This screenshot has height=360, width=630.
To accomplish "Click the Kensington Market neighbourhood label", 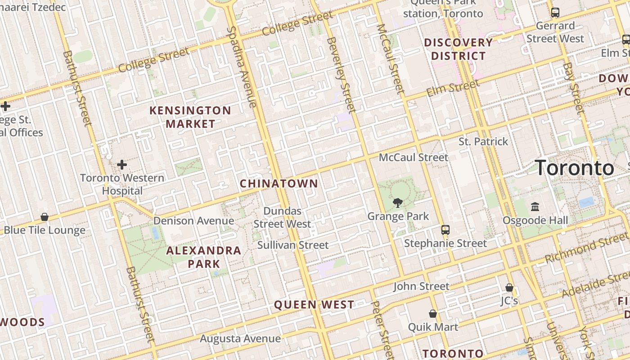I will point(190,117).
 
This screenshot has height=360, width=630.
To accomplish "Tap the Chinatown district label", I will point(279,184).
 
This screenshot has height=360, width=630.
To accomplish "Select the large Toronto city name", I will point(575,168).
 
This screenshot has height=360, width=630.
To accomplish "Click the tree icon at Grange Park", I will point(397,203).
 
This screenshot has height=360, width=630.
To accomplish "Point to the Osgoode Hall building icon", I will point(535,207).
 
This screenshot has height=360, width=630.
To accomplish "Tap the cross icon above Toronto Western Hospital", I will point(121,165).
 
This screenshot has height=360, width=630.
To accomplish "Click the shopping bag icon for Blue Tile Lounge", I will point(45,217).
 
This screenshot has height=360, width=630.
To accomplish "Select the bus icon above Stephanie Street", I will point(445,230).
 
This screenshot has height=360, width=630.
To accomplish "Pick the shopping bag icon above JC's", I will point(509,287).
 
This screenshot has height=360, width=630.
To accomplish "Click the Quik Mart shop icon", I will point(432,314).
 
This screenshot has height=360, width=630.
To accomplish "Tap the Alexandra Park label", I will point(204,257).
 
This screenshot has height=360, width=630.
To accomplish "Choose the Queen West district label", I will point(314,305).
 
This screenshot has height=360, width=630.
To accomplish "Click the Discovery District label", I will point(459,49).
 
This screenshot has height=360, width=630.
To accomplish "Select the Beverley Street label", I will point(342,74).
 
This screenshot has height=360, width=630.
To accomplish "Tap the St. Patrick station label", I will point(483,142).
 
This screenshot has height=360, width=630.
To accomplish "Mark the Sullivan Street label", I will point(293,245).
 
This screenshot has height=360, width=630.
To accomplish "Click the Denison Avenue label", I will point(193,221).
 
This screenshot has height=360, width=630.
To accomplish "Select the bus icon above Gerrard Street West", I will point(555,13).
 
